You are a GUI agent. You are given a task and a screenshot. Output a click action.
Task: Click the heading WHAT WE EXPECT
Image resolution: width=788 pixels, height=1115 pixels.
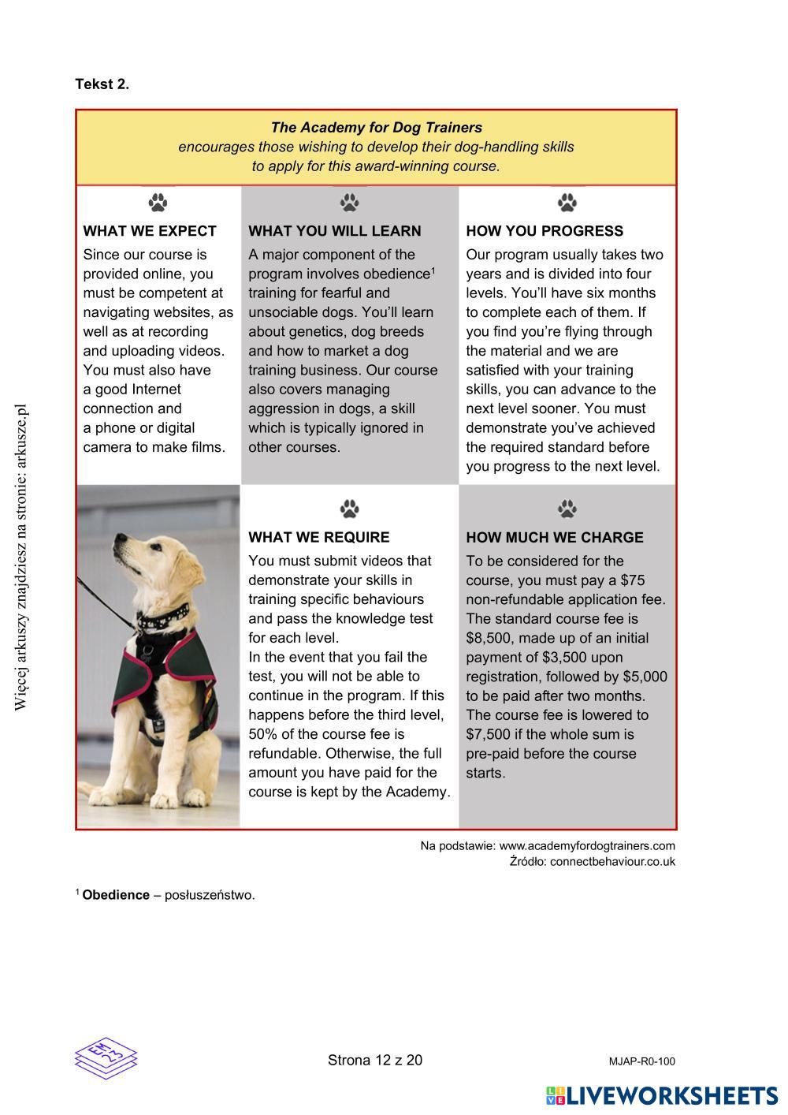coord(150,231)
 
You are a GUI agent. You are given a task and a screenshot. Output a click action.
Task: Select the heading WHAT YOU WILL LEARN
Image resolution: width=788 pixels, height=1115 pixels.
coord(335,231)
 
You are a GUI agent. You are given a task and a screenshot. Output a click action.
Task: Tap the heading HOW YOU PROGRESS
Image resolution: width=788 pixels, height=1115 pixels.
coord(545,231)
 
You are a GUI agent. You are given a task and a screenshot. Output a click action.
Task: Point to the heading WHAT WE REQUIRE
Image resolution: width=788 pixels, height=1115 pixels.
coord(319,538)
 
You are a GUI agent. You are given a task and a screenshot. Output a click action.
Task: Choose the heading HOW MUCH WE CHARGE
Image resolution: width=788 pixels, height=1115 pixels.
coord(555,538)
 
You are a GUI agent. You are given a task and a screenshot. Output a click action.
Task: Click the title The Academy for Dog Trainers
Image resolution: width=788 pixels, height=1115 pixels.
coord(377,127)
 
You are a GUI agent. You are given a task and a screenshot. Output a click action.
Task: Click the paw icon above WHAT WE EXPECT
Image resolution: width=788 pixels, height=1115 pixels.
coord(158,203)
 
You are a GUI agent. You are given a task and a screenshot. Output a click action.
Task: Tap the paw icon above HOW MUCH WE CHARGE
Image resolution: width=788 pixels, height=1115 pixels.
coord(567,509)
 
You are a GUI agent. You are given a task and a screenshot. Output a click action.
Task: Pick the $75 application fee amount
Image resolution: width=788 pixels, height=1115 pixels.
coord(633,580)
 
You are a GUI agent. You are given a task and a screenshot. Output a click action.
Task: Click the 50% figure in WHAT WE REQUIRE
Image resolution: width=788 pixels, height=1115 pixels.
coord(263,734)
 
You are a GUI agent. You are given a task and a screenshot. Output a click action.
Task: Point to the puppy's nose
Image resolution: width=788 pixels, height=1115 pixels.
coord(116,541)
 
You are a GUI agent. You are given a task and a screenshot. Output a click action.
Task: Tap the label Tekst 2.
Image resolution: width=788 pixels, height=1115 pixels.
coord(102,84)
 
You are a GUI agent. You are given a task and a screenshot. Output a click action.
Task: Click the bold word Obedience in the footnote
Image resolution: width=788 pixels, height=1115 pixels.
coord(116,895)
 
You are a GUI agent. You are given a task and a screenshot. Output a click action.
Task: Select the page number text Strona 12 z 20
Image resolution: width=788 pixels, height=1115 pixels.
coord(375,1061)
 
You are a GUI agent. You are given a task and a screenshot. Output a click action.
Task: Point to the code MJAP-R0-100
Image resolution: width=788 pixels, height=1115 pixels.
coord(641,1061)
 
